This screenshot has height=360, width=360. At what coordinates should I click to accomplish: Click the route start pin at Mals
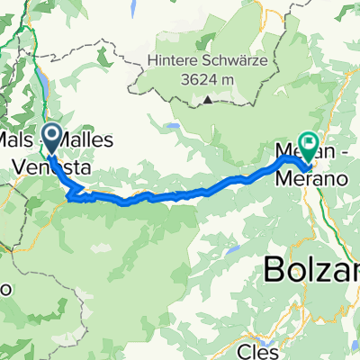[x=51, y=138]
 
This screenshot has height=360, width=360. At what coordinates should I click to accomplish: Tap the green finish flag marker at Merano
[x=309, y=142]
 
